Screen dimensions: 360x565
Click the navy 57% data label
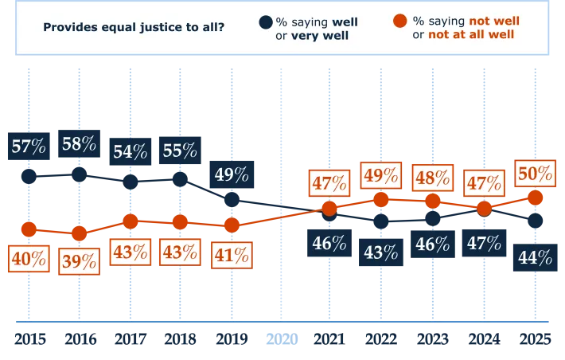pyautogui.click(x=29, y=147)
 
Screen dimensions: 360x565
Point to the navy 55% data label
pyautogui.click(x=181, y=151)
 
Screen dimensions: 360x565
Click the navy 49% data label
pyautogui.click(x=232, y=174)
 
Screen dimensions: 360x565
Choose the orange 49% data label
pyautogui.click(x=380, y=175)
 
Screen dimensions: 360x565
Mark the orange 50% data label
pyautogui.click(x=534, y=174)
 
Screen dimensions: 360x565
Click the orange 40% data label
pyautogui.click(x=29, y=259)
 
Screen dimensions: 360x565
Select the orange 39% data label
pyautogui.click(x=79, y=260)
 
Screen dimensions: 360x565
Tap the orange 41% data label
pyautogui.click(x=232, y=256)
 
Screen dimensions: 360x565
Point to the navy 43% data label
pyautogui.click(x=380, y=252)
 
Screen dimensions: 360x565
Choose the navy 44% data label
pyautogui.click(x=534, y=257)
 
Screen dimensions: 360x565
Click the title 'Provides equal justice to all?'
pyautogui.click(x=133, y=28)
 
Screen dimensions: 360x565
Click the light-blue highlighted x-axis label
pyautogui.click(x=281, y=341)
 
